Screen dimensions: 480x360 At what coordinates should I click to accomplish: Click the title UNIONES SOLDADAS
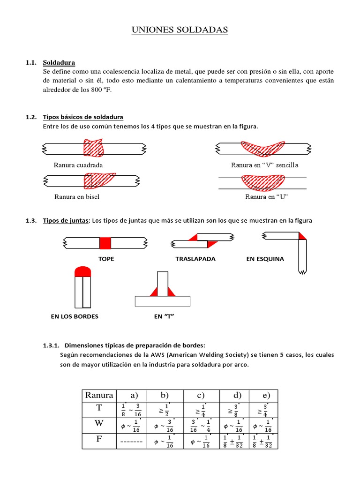point(180,30)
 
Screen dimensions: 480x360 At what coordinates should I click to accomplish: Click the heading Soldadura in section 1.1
point(59,62)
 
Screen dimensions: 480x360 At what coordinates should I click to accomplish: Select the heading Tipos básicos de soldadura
point(83,117)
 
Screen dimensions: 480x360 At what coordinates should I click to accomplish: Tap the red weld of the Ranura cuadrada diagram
point(93,148)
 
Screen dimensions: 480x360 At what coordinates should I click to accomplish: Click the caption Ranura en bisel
point(76,197)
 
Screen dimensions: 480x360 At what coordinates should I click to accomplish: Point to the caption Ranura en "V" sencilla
point(264,165)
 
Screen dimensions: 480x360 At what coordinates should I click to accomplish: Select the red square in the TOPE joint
point(105,243)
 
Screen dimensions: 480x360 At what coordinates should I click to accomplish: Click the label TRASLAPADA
point(195,259)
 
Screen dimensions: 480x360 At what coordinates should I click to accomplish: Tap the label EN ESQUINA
point(265,259)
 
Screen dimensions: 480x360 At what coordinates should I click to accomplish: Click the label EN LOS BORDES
point(75,316)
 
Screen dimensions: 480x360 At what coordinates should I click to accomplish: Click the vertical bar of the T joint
point(163,284)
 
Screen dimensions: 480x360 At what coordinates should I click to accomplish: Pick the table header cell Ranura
point(99,395)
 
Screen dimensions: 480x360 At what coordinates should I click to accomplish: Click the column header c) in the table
point(201,395)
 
